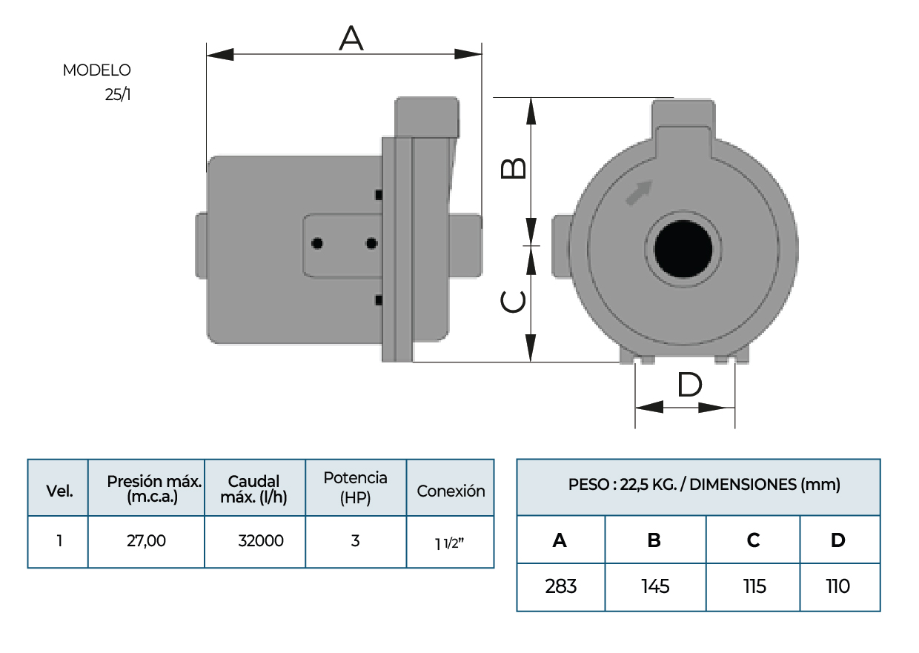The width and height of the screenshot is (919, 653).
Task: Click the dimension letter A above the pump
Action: point(351,38)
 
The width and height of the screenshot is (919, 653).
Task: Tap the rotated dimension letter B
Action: point(514,168)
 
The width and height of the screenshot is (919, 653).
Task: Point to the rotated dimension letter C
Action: point(514,302)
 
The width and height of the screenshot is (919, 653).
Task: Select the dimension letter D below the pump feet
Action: point(689,385)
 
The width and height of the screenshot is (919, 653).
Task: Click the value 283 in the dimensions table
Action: point(560,587)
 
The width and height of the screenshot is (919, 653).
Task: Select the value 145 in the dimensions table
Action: point(655,587)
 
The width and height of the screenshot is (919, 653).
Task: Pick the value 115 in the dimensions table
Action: point(754,587)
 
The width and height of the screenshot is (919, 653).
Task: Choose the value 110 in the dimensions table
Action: point(838,587)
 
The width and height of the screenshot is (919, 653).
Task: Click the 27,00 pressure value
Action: point(146,541)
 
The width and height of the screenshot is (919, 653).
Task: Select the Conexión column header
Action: point(451,491)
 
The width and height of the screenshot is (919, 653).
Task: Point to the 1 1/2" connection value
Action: point(449,543)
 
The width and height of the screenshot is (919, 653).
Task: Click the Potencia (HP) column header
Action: point(356,488)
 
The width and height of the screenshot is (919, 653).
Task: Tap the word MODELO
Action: point(96,70)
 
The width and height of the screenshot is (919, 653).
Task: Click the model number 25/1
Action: point(118,95)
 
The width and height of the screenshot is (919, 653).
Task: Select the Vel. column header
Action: point(59,491)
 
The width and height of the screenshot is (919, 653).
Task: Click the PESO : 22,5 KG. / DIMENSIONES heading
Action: point(704,485)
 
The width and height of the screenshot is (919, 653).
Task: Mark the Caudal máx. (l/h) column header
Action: point(254,489)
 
